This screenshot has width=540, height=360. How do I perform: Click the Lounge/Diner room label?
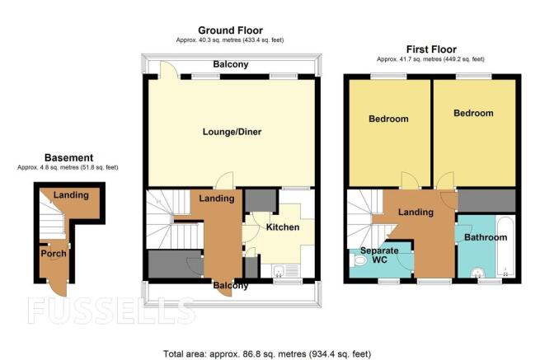232,132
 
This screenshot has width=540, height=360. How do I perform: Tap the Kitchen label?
283,227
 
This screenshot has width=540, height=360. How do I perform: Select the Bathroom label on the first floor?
486,237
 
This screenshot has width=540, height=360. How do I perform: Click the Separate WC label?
379,255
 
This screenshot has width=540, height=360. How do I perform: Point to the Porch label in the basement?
54,254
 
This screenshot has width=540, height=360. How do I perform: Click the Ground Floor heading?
230,30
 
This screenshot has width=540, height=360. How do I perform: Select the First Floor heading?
431,49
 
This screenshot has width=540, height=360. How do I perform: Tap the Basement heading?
69,157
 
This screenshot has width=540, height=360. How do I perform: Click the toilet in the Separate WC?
358,260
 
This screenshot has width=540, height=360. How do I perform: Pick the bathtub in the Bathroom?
505,245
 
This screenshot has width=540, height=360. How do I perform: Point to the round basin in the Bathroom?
477,273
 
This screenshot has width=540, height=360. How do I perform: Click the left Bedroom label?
388,119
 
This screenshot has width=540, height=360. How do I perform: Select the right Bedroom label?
473,113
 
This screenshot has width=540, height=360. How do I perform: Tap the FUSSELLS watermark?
111,311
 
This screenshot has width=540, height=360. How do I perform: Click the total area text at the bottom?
267,353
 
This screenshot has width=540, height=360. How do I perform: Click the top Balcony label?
230,64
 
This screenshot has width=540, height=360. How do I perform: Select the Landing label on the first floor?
416,212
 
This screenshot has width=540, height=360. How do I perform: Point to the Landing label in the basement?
71,195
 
